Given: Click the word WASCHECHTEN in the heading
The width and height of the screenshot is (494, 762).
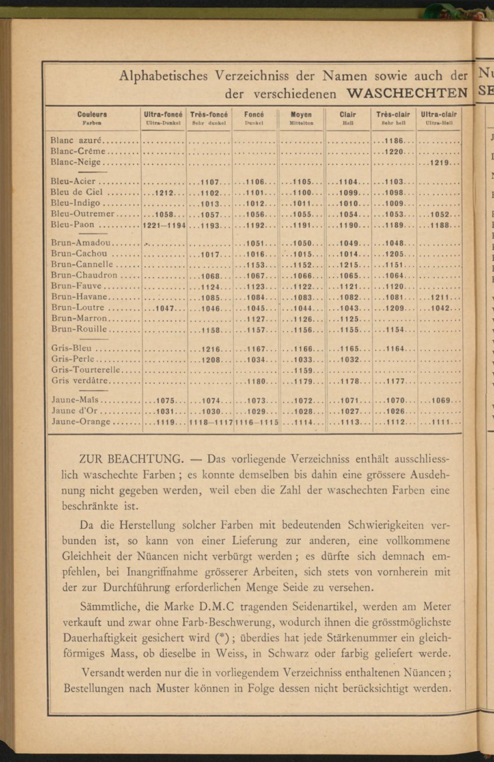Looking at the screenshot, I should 407,93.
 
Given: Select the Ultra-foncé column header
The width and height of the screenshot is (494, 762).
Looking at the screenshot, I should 163,115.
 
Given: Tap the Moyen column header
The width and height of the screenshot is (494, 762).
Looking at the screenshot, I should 301,115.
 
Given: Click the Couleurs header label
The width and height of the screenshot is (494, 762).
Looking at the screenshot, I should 92,115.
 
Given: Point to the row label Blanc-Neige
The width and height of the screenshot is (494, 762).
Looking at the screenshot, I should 76,162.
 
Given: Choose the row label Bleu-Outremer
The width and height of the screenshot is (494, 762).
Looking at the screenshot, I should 82,214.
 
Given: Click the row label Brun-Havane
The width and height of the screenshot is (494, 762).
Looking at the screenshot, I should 79,297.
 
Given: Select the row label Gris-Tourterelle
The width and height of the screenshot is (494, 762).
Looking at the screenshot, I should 85,369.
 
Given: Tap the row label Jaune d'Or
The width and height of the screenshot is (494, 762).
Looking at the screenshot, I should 74,411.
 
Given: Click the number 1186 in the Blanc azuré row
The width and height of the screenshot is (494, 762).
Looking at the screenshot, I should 394,141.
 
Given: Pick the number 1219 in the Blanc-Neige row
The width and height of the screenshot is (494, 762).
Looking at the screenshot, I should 439,162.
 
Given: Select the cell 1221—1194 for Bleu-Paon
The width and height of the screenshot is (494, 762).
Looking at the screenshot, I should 164,225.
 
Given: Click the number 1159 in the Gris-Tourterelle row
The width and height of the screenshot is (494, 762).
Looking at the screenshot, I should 303,370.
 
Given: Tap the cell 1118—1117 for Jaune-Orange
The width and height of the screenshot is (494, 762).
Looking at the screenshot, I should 210,422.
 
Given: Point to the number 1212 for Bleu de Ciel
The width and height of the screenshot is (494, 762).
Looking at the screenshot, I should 164,193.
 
